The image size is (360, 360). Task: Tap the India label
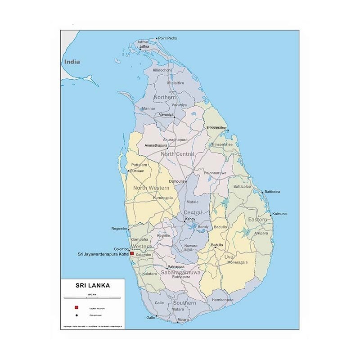72,62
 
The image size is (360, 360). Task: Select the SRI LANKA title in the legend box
92,284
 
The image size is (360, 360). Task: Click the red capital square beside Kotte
132,254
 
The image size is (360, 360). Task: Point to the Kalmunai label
280,213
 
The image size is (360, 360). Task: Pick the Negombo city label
119,229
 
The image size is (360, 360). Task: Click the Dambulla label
177,181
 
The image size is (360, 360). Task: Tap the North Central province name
177,154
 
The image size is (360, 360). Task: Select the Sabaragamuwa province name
178,273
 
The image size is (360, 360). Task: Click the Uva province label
229,256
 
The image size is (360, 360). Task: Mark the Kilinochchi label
162,71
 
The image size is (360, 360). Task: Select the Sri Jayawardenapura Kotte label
103,255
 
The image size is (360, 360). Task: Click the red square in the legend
76,307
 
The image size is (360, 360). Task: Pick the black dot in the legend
76,315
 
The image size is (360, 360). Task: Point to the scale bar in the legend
92,297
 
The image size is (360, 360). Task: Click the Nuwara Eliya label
191,247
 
